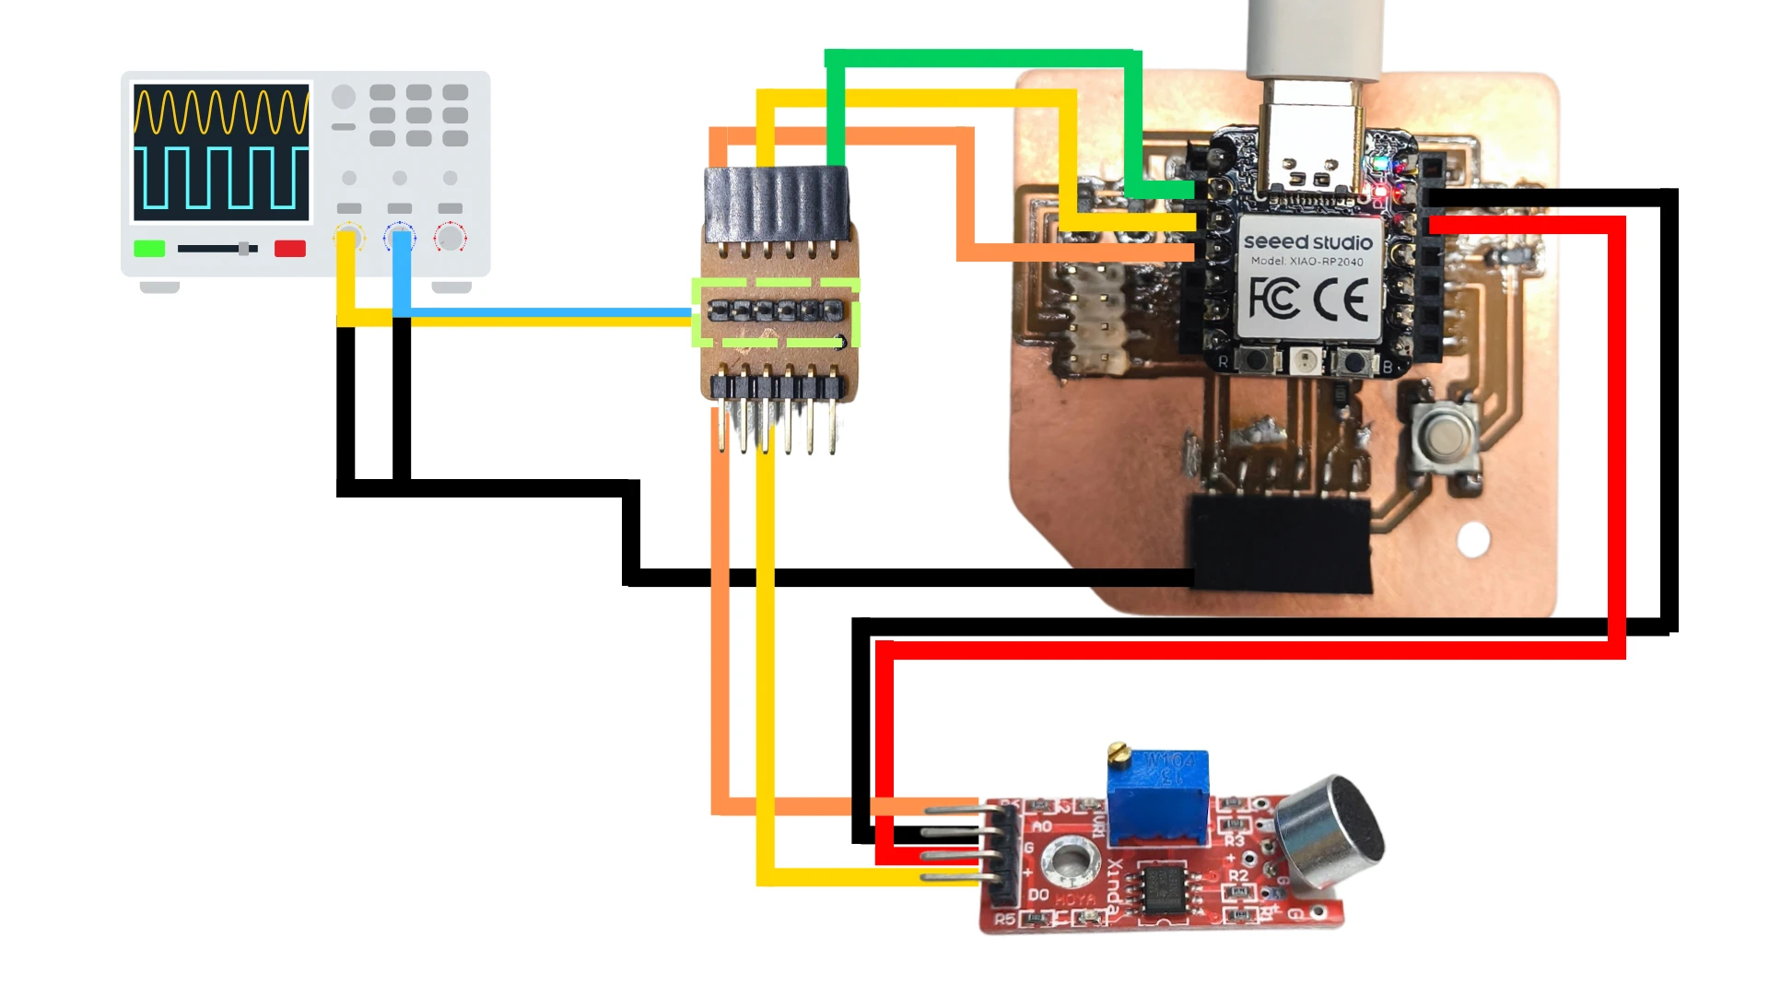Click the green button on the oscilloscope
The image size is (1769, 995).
(149, 248)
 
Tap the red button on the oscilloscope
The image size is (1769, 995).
(290, 248)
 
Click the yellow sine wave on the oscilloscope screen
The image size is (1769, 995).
(221, 111)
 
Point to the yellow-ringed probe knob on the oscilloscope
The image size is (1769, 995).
(348, 237)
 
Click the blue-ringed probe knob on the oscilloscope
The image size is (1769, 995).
(400, 237)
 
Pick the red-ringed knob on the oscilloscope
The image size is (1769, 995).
(451, 238)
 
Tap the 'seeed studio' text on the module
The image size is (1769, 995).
(1307, 242)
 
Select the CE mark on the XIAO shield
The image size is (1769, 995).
(1341, 299)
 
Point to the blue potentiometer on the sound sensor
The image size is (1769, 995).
(1158, 798)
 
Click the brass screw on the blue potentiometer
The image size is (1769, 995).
(1119, 753)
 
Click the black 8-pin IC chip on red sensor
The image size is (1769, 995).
(1162, 888)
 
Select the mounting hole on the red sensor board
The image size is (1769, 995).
(1069, 862)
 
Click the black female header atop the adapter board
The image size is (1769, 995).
(777, 202)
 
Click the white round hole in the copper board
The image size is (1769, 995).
(1473, 539)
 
